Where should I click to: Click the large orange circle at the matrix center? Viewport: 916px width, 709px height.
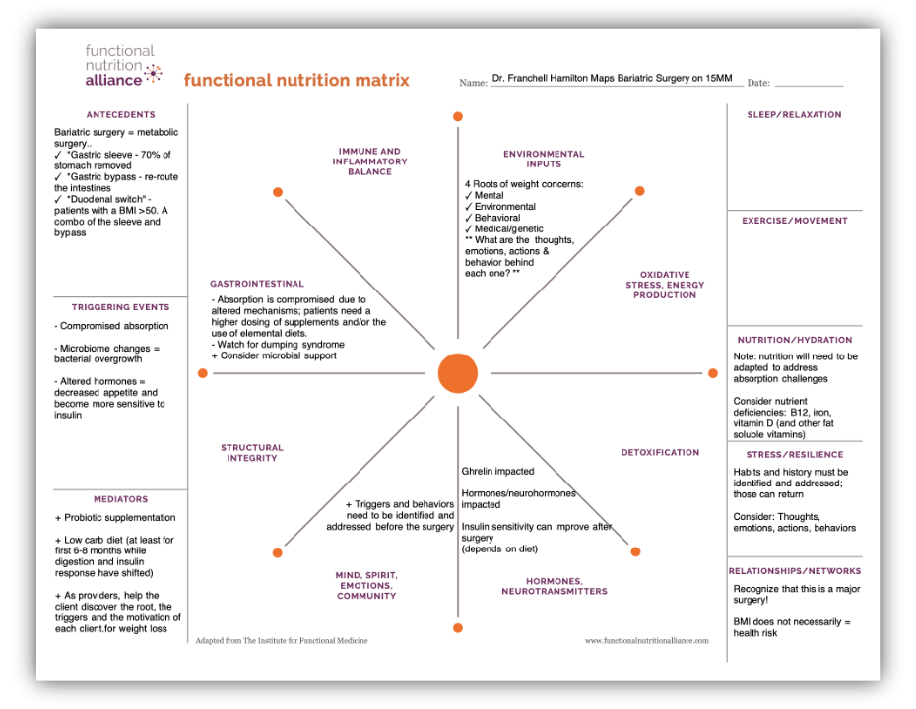pos(458,373)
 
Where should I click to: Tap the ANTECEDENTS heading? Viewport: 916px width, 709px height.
pos(121,115)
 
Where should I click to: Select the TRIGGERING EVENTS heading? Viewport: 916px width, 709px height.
pos(121,307)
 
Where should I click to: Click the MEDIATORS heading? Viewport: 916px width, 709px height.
pos(121,499)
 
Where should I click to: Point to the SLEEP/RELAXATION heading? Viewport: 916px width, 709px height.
pos(795,115)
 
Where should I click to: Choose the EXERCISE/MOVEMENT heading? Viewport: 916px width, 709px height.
pos(795,221)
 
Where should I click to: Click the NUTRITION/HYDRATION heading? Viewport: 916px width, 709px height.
pos(795,340)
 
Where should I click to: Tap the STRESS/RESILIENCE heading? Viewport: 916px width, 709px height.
pos(795,454)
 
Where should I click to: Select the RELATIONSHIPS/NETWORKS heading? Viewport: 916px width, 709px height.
pos(795,571)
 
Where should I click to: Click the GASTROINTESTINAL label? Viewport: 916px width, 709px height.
pos(257,284)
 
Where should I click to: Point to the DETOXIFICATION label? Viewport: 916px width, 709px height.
pos(660,453)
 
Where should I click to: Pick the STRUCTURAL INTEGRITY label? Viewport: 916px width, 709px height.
pos(252,453)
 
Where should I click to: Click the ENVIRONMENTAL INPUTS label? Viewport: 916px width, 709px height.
pos(544,159)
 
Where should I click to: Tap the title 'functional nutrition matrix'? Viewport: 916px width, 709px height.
pos(296,80)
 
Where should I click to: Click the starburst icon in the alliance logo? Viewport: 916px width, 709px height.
pos(153,74)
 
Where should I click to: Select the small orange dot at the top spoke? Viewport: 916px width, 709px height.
pos(458,117)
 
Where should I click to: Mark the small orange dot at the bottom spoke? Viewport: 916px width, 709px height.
pos(458,628)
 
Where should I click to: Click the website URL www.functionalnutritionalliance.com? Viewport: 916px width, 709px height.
pos(647,641)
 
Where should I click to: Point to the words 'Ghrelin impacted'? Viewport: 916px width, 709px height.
pos(497,472)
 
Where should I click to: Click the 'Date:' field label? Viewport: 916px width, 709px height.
pos(758,83)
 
